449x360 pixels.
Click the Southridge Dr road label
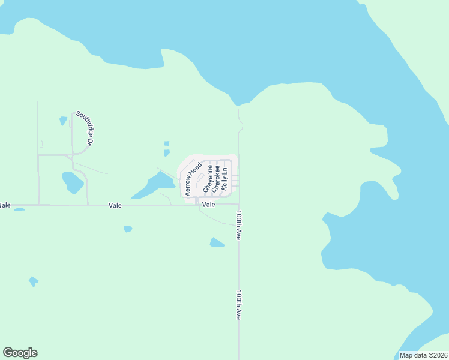84,128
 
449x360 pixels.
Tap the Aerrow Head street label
193,179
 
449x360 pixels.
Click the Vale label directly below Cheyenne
208,205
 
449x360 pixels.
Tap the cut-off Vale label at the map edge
5,205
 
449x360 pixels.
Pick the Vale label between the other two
115,205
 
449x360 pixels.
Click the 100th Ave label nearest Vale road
238,226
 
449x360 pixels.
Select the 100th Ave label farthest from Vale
238,305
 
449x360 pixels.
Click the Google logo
20,353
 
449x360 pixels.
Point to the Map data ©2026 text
424,355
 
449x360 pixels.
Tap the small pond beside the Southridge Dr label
63,121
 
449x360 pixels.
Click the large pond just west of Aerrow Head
154,185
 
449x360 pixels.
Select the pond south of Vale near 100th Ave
217,242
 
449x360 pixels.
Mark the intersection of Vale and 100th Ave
239,205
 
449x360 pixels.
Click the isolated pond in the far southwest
34,281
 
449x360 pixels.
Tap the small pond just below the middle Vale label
128,229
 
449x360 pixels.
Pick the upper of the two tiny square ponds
166,143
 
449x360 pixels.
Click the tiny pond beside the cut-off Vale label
19,209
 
